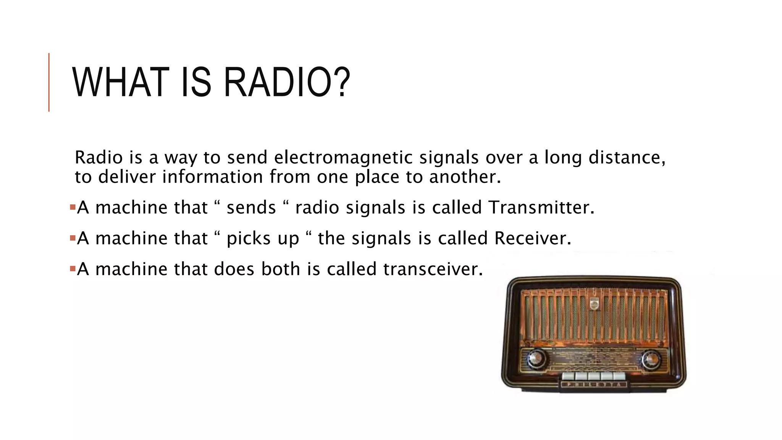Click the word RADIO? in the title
coord(286,82)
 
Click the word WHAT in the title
coord(121,82)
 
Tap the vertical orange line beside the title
coord(49,82)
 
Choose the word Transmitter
coord(541,207)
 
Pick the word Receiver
coord(532,238)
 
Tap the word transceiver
coord(433,269)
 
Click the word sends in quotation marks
coord(251,207)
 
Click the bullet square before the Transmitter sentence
coord(73,207)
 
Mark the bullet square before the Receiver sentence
coord(73,238)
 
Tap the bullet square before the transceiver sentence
coord(73,269)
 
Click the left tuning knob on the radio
coord(536,359)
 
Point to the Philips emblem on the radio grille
coord(594,304)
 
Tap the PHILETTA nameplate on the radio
coord(594,385)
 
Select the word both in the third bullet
coord(281,269)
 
